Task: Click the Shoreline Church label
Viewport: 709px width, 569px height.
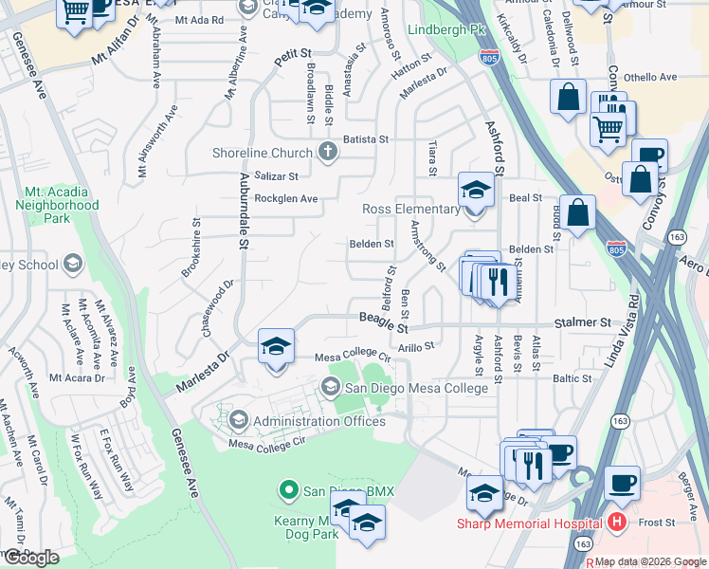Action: [264, 153]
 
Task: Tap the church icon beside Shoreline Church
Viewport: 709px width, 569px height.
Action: [328, 153]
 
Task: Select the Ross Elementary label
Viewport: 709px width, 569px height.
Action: [410, 209]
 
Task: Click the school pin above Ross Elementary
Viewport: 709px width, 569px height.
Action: [477, 189]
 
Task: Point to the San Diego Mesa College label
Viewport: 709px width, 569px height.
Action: [416, 387]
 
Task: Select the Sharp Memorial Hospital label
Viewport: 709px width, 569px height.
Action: [529, 523]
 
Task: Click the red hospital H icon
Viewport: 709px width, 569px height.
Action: [617, 522]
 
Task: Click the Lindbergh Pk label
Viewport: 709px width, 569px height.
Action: [440, 29]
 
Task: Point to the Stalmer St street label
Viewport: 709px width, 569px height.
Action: [578, 322]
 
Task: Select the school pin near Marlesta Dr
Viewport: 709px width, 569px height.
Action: [276, 345]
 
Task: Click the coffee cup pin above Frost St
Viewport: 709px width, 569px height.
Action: [622, 483]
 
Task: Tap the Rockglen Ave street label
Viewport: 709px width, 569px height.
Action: [285, 198]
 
